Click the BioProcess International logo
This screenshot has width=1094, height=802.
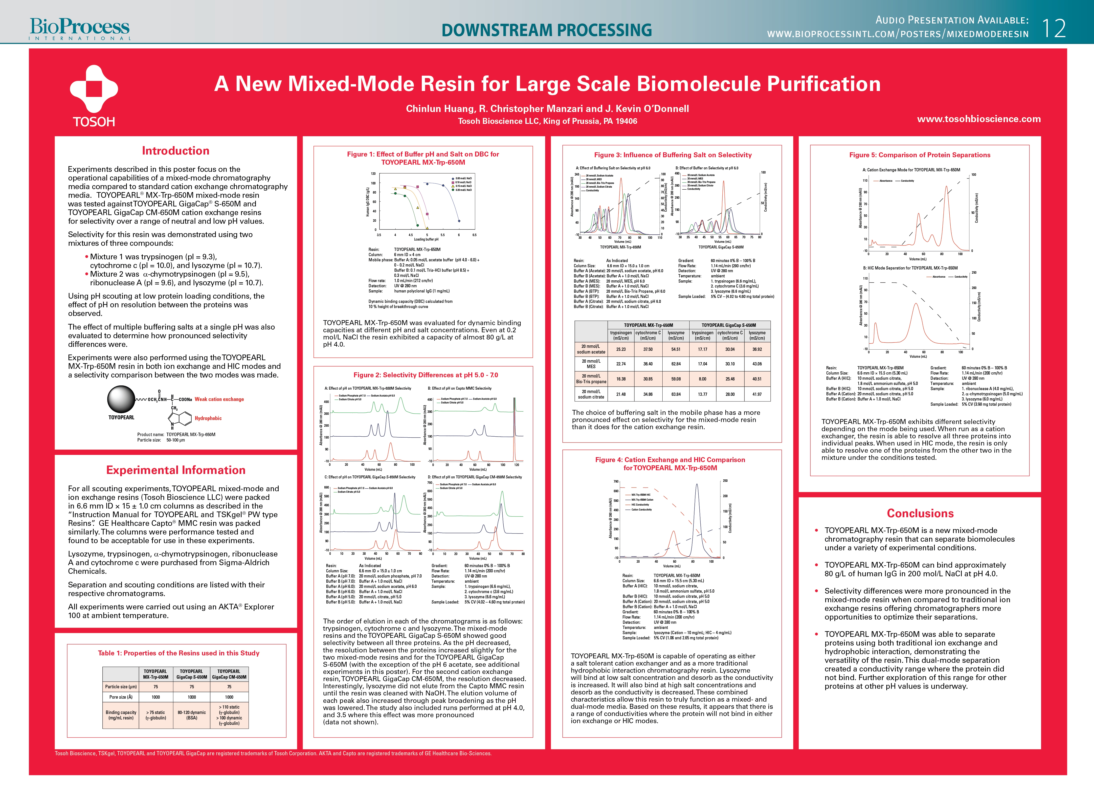[x=80, y=29]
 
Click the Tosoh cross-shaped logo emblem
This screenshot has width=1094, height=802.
[x=94, y=89]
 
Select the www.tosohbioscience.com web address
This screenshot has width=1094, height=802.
[x=979, y=119]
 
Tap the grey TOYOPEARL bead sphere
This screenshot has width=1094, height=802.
[x=121, y=400]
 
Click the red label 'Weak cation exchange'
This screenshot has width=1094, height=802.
[x=219, y=399]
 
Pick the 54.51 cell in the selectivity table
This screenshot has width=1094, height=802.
[x=676, y=349]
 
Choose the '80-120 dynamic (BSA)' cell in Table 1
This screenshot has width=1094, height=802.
[x=192, y=715]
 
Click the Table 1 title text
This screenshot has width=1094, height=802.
[x=179, y=653]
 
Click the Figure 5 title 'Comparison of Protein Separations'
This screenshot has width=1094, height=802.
[x=919, y=155]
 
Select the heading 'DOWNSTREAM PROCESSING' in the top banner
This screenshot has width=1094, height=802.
[x=547, y=30]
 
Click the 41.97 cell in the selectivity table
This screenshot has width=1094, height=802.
[x=757, y=394]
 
